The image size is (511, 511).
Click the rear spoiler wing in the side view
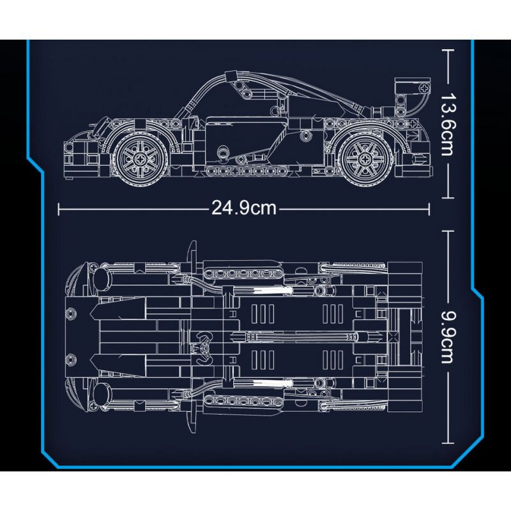pyautogui.click(x=412, y=86)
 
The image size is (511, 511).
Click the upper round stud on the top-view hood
pyautogui.click(x=70, y=313)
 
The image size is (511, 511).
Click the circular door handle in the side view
pyautogui.click(x=222, y=152)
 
